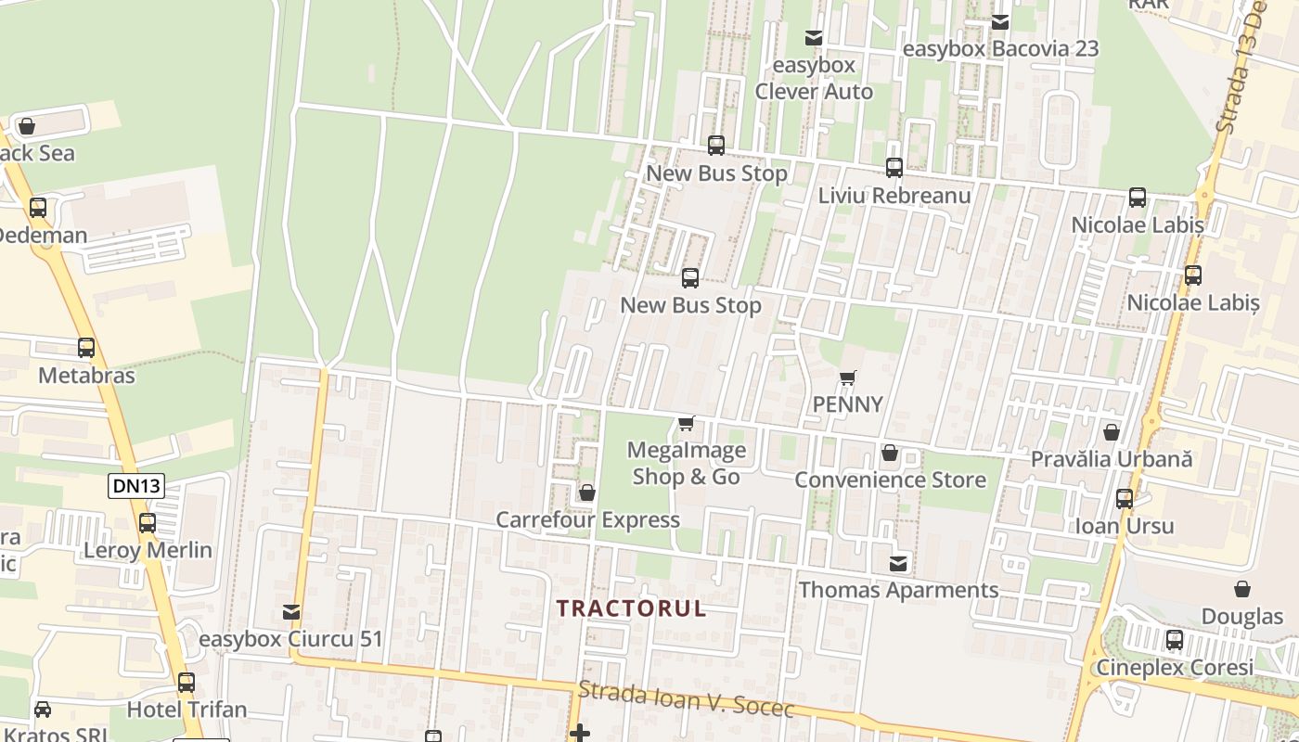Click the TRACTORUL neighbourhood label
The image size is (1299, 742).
click(631, 608)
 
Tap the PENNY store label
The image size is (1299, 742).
click(847, 404)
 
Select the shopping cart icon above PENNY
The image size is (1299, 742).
click(847, 378)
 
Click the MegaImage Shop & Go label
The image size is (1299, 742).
click(686, 463)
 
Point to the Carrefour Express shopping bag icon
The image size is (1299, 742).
click(586, 493)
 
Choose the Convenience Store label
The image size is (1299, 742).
click(890, 480)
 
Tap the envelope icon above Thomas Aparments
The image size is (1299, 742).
click(898, 563)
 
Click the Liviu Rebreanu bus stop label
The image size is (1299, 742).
click(894, 196)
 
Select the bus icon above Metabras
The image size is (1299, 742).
click(86, 348)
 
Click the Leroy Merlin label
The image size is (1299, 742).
click(148, 550)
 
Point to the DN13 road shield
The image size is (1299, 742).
click(135, 485)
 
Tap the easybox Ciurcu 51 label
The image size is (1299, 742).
click(290, 639)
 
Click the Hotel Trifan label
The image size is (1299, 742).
click(186, 710)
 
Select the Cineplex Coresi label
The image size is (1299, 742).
click(1175, 667)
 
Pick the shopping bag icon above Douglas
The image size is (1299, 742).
click(1241, 589)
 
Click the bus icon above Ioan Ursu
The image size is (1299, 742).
click(1125, 499)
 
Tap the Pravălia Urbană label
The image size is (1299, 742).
click(1112, 459)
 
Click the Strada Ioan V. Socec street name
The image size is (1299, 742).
click(687, 700)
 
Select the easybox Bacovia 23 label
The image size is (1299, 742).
click(1000, 48)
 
